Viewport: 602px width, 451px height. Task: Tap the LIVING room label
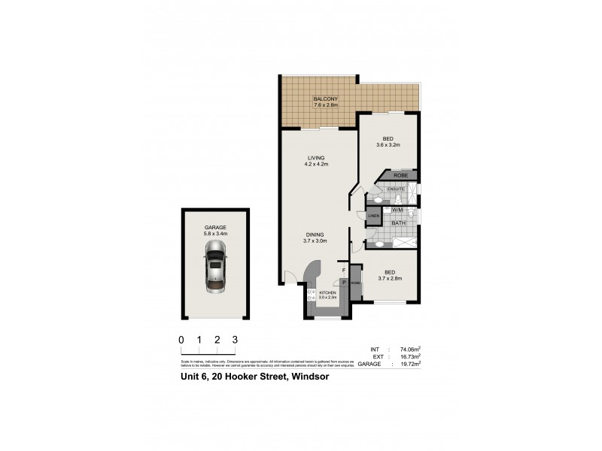(x=315, y=157)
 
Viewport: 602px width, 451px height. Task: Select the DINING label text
(x=315, y=234)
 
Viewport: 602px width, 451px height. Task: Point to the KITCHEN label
(x=327, y=292)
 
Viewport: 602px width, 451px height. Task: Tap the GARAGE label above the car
(x=215, y=227)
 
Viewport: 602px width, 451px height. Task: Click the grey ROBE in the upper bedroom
(x=400, y=176)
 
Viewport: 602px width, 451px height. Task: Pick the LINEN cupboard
(x=372, y=216)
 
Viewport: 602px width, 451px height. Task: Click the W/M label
(x=396, y=210)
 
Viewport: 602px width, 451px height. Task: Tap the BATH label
(x=399, y=223)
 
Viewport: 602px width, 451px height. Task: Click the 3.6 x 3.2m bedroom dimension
(x=388, y=145)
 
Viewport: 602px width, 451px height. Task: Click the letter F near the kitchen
(x=343, y=270)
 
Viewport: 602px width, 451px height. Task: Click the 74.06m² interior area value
(x=409, y=350)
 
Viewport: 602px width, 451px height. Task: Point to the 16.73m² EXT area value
(x=409, y=356)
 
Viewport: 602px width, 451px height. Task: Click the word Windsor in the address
(x=309, y=377)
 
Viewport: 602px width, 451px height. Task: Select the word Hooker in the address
(x=242, y=377)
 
